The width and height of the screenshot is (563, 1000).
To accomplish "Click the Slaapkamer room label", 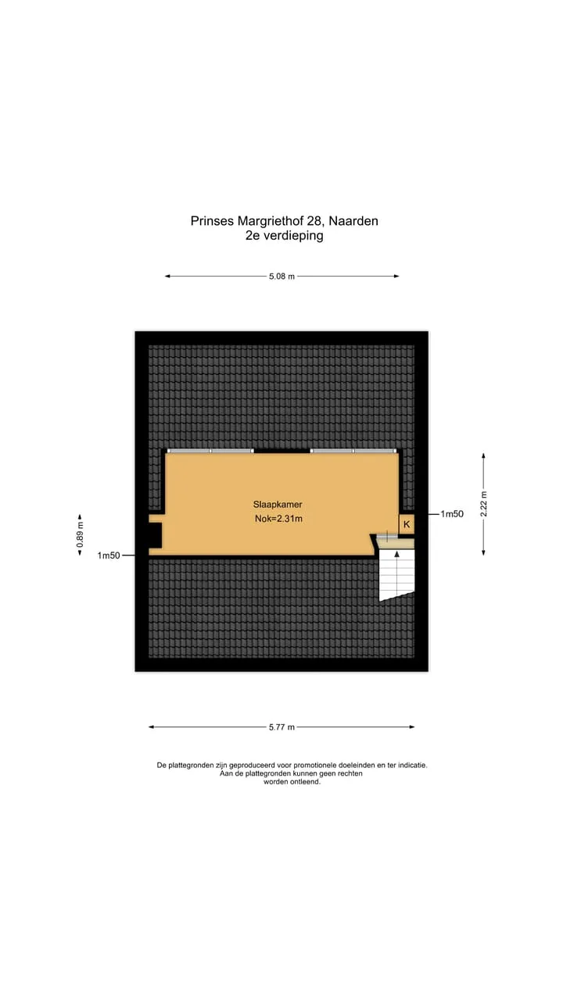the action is (x=278, y=505).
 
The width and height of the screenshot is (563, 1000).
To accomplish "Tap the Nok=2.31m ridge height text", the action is (x=278, y=519).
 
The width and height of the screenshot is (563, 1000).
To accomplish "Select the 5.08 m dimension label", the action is (x=282, y=277).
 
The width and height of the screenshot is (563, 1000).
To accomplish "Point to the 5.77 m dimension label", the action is (x=282, y=727).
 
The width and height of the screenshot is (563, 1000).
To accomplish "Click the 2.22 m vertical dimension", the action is (x=483, y=504).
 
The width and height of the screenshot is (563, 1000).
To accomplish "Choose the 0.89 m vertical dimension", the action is (x=80, y=535).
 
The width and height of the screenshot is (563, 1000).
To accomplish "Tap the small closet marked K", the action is (x=407, y=524).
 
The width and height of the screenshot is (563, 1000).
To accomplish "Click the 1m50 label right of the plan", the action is (x=452, y=514).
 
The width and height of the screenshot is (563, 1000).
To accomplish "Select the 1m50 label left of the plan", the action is (x=109, y=555).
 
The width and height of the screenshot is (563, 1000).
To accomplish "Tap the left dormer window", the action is (x=210, y=451).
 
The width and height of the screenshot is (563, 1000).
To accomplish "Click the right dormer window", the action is (x=353, y=451).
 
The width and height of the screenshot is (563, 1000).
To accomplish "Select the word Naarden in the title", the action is (x=353, y=221).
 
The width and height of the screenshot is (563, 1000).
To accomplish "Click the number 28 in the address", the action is (x=314, y=221).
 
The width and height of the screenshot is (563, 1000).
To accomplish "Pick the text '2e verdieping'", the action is (x=284, y=235).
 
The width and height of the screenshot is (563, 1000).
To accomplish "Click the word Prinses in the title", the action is (x=212, y=221).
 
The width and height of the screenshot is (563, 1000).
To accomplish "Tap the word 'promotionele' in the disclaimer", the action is (x=315, y=765).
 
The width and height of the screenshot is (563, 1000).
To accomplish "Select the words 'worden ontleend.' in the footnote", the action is (x=292, y=782).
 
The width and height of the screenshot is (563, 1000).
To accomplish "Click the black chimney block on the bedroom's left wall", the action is (x=155, y=535).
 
